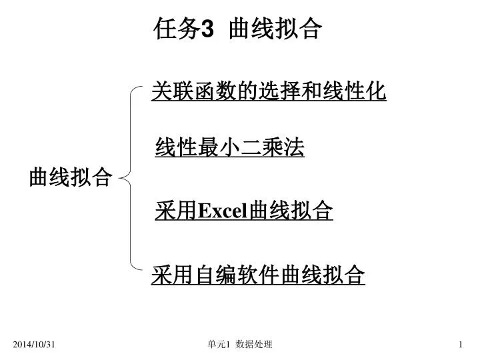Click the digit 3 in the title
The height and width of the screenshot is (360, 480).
click(x=207, y=29)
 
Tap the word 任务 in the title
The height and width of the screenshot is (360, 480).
click(x=177, y=29)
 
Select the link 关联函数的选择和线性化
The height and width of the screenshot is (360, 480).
click(x=269, y=91)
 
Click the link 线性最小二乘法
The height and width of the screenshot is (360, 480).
click(x=229, y=147)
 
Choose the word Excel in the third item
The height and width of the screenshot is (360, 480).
click(x=223, y=211)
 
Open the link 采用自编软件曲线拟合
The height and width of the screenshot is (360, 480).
click(x=258, y=275)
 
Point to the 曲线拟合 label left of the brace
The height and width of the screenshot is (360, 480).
click(x=71, y=177)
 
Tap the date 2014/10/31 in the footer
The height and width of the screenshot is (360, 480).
click(x=34, y=345)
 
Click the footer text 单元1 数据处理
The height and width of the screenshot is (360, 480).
click(x=240, y=345)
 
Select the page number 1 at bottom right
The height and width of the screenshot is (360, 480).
click(x=461, y=345)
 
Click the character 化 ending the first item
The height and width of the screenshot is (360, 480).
click(x=375, y=91)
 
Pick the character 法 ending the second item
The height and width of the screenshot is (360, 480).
click(x=294, y=147)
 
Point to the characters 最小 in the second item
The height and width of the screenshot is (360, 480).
click(x=219, y=147)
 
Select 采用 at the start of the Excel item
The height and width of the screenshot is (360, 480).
click(x=176, y=211)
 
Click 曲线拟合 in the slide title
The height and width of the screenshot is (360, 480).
click(x=275, y=29)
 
